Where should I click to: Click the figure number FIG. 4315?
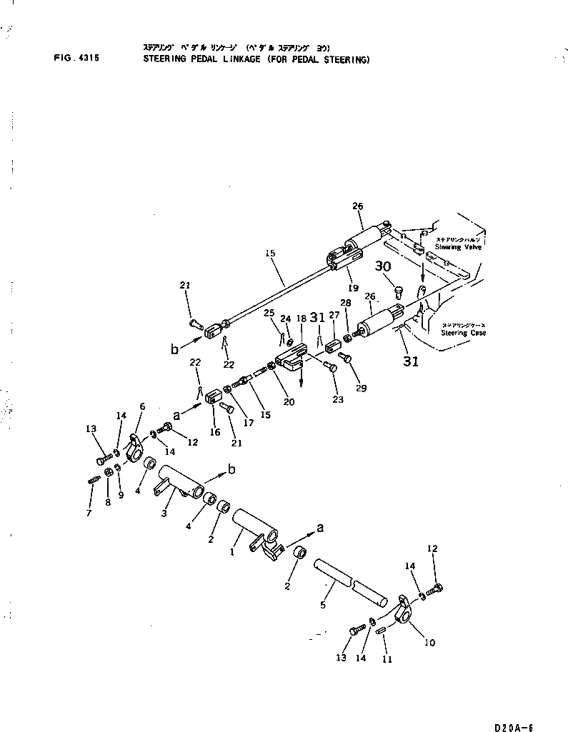[76, 60]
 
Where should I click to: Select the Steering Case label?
[463, 333]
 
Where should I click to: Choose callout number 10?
[429, 642]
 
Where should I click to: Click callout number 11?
[387, 659]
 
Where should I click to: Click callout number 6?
[141, 406]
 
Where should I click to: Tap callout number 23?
[337, 399]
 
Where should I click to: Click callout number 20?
[289, 401]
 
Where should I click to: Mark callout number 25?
[269, 314]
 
